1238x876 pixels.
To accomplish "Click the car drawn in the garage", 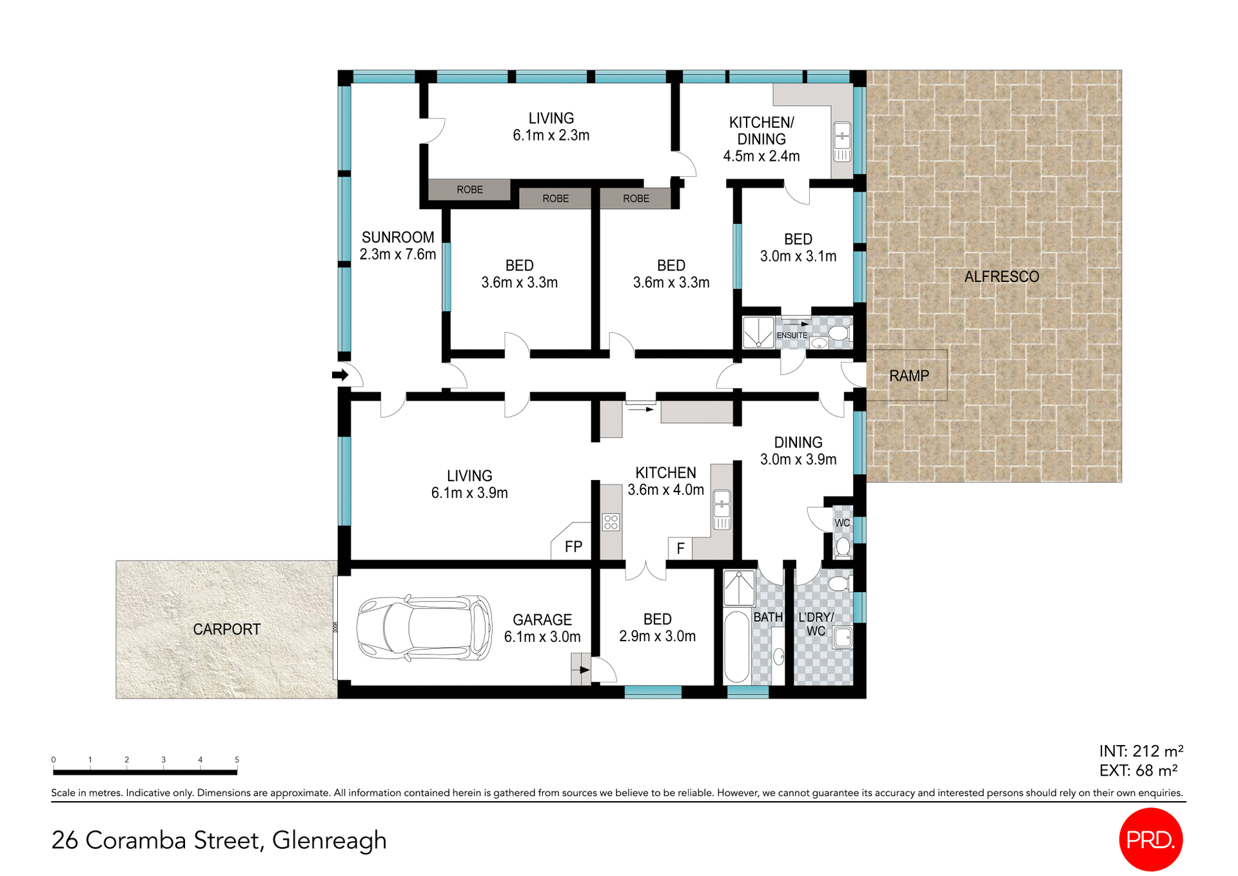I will pos(424,628).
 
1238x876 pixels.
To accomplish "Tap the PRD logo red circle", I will pos(1150,839).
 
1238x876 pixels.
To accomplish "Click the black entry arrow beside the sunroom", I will pos(340,375).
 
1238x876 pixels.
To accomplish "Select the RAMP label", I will pos(909,376).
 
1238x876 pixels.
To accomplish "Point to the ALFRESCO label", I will pos(1001,277).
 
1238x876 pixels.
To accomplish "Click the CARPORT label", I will pos(226,630).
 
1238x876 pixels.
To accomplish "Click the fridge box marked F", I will pos(680,548).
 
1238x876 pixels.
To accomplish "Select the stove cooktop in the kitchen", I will pos(611,522).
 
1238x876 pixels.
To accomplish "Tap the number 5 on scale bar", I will pos(237,760).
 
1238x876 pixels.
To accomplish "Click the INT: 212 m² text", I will pos(1141,752).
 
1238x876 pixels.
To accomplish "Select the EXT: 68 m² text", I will pos(1138,771).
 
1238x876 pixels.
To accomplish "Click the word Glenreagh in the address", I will pos(329,841).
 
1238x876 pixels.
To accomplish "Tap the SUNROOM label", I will pos(398,237).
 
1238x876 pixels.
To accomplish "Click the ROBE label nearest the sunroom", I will pos(469,190).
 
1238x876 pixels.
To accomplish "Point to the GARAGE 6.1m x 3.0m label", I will pos(542,628).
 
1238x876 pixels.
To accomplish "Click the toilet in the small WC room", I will pos(843,547).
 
